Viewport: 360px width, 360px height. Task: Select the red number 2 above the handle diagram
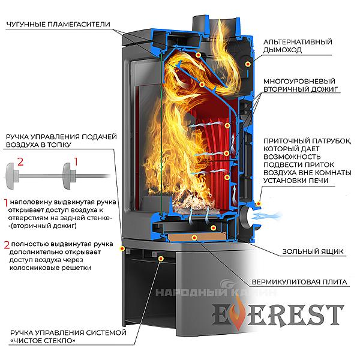20,161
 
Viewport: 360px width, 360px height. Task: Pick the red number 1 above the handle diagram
76,161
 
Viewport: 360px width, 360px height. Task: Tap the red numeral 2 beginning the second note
6,245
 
